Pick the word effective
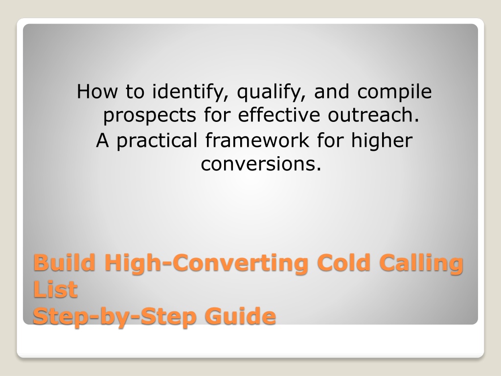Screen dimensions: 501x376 279,115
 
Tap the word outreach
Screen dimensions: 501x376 373,115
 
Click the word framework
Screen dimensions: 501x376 257,140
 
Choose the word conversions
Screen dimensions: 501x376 261,164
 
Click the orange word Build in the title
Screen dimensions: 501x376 64,262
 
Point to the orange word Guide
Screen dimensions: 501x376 240,316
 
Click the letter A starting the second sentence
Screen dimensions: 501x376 102,141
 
